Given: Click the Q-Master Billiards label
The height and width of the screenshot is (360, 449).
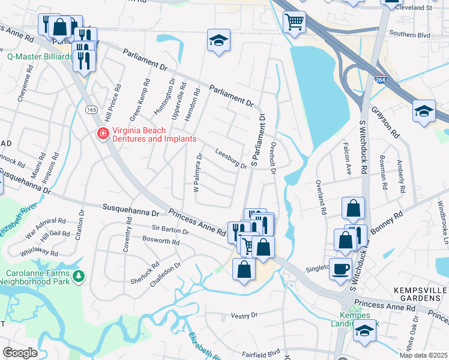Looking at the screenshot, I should (x=40, y=57).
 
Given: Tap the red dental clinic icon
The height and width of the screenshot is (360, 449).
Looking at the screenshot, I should (x=103, y=133).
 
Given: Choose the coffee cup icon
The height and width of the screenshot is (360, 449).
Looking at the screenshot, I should (x=341, y=269).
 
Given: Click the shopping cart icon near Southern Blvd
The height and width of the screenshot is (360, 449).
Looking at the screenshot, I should (x=294, y=22).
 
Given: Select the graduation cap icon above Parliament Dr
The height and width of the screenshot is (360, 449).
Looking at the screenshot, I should (x=218, y=41).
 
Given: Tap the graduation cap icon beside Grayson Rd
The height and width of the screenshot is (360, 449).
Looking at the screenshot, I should (x=424, y=111).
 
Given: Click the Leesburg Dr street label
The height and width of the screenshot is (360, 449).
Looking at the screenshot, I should (x=231, y=160).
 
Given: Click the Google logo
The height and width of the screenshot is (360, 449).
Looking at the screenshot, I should (x=20, y=352).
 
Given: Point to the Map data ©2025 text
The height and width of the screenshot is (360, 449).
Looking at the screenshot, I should (x=423, y=355).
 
